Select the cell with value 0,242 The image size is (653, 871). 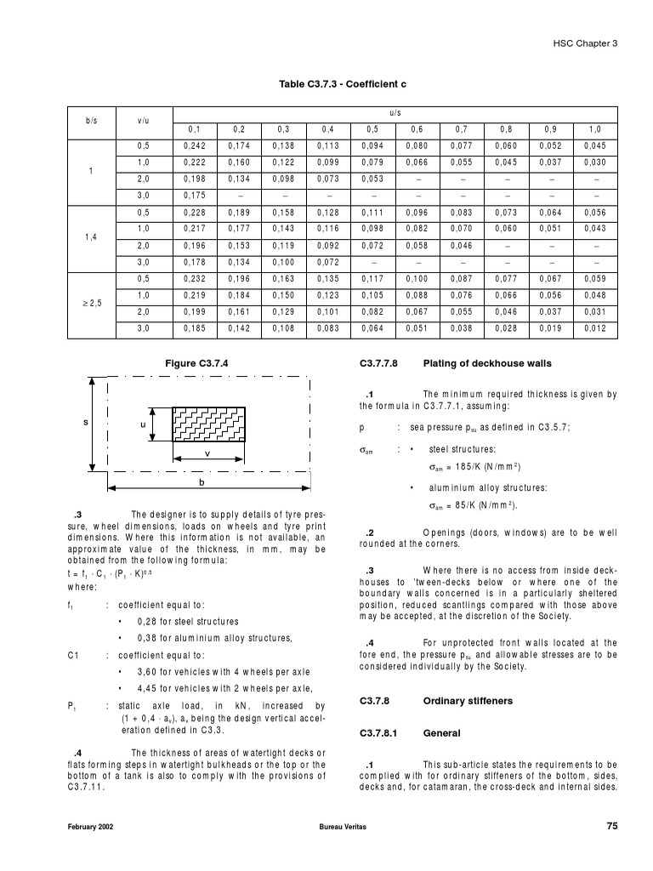click(195, 145)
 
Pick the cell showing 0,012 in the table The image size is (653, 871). click(595, 327)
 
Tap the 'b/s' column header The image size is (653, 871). click(91, 121)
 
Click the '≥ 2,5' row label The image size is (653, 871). click(91, 301)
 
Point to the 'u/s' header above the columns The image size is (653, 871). click(395, 112)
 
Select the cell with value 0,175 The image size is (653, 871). click(195, 195)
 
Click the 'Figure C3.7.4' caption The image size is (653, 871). click(196, 363)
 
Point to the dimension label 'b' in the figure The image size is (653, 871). click(202, 482)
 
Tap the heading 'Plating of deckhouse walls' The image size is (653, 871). click(487, 363)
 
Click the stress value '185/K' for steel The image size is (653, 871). click(469, 467)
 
